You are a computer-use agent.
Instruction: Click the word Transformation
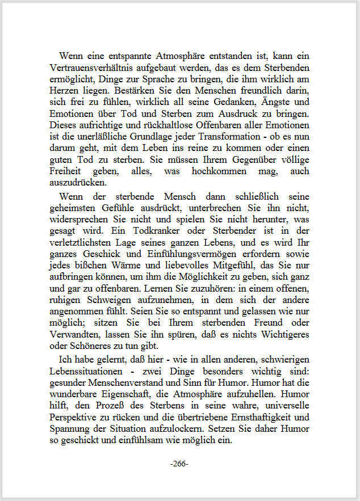click(195, 137)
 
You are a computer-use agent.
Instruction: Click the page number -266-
click(179, 464)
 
